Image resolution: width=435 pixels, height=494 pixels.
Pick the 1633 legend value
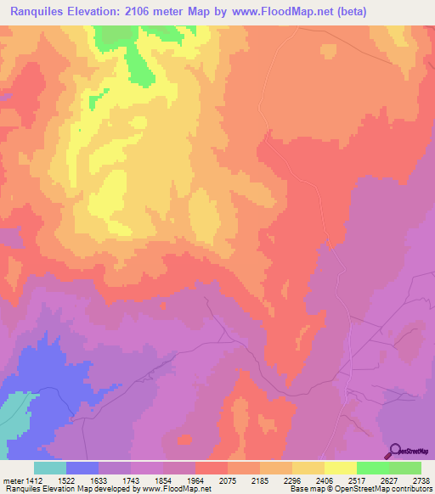click(x=99, y=480)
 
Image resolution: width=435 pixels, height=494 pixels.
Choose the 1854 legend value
click(x=163, y=480)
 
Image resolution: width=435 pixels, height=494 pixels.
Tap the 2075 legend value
click(x=228, y=480)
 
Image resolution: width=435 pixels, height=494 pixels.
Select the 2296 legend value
click(x=292, y=480)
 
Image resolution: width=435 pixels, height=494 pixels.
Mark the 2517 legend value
click(x=357, y=480)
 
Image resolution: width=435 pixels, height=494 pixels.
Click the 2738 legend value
click(x=421, y=480)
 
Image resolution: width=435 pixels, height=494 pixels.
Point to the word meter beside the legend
click(x=11, y=480)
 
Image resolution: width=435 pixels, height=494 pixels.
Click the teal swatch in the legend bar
click(x=50, y=468)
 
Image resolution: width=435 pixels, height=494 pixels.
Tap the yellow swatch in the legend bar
click(x=341, y=468)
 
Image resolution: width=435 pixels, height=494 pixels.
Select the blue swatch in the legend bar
click(x=82, y=468)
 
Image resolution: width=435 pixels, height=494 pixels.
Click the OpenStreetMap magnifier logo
click(x=394, y=451)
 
